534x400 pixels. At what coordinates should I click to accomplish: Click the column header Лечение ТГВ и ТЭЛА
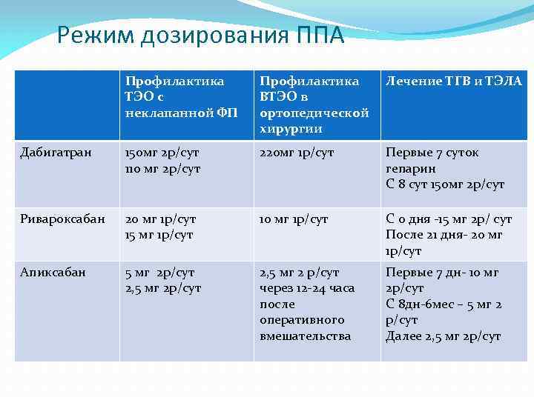tap(454, 81)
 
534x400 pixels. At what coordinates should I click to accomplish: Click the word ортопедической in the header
tap(314, 113)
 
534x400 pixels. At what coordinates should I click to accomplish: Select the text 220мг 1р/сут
tap(297, 153)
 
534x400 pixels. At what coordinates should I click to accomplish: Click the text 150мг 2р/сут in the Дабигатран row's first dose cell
tap(161, 153)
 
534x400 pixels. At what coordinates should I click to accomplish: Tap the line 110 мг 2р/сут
tap(162, 168)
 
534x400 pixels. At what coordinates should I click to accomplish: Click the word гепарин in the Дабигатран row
tap(409, 168)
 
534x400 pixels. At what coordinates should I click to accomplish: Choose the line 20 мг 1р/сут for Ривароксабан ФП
tap(161, 219)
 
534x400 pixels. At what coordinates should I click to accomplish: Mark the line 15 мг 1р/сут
tap(160, 235)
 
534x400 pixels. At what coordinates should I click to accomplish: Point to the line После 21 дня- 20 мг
tap(444, 235)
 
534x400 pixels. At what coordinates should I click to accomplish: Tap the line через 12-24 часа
tap(307, 288)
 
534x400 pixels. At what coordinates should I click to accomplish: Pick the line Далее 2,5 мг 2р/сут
tap(443, 336)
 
